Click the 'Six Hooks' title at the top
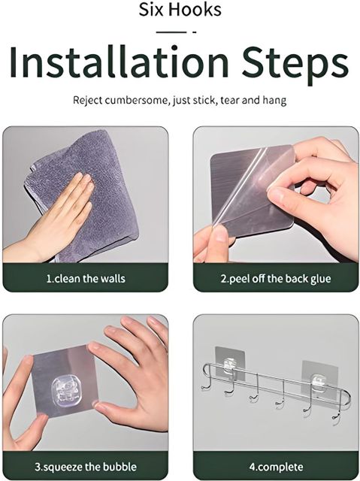[x=180, y=9]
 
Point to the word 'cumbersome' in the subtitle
[x=137, y=100]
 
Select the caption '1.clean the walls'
[x=86, y=279]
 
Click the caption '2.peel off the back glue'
[x=276, y=279]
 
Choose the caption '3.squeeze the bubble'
[x=86, y=467]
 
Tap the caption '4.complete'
[x=276, y=467]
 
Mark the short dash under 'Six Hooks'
[x=194, y=32]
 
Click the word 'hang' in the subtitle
[x=274, y=101]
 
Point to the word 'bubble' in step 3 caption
[x=119, y=467]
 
